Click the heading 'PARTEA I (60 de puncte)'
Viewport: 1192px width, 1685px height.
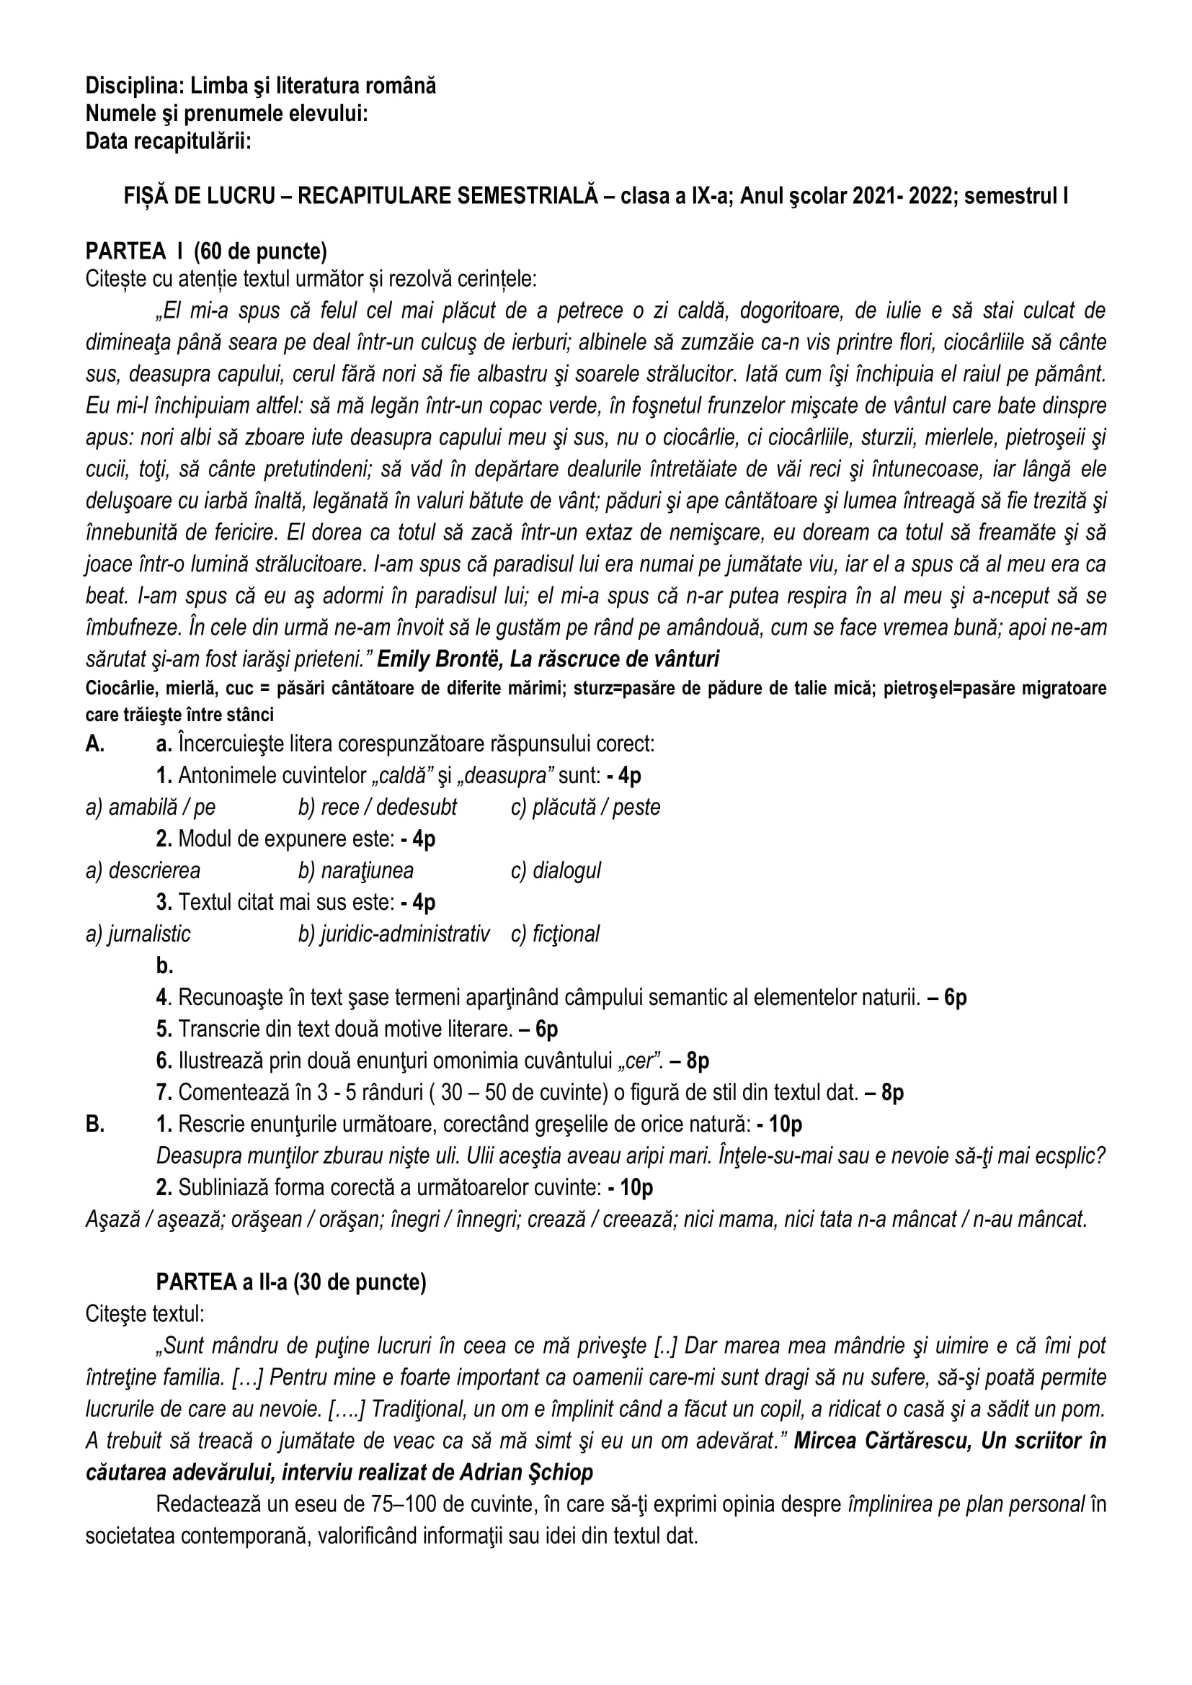point(206,251)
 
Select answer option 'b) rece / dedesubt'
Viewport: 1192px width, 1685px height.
point(377,808)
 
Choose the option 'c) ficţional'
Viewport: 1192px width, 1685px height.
point(555,934)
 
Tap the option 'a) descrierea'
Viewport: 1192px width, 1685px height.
point(143,870)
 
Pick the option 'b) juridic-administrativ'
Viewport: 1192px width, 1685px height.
point(393,934)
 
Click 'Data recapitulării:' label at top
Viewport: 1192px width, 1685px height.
point(168,141)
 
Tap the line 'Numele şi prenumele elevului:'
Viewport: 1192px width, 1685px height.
point(227,114)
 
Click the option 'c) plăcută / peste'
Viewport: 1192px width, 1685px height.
point(585,808)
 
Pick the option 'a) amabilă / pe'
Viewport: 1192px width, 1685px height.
point(151,808)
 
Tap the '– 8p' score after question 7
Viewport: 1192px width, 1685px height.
point(884,1093)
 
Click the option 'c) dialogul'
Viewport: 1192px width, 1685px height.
point(556,870)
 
